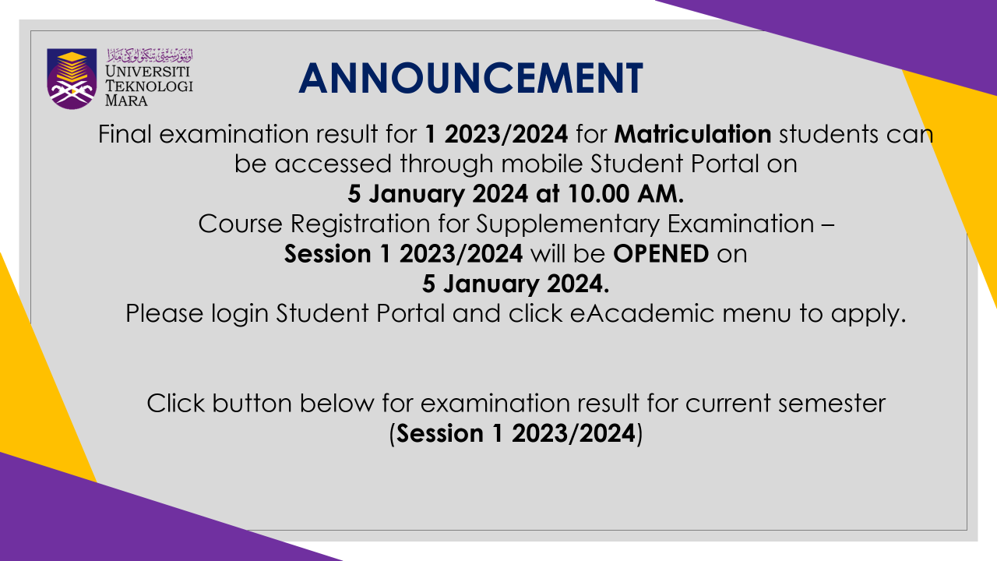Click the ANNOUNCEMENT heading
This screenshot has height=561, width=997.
[x=471, y=79]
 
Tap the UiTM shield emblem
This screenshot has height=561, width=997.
[x=72, y=79]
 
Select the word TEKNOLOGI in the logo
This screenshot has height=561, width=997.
[x=149, y=86]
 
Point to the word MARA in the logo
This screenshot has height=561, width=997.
[x=126, y=101]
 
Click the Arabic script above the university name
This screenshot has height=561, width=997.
[x=150, y=55]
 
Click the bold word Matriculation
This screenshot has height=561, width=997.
[x=692, y=134]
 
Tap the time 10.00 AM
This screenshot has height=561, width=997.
[x=625, y=194]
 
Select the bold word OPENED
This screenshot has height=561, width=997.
[x=661, y=254]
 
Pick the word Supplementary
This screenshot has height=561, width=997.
[x=568, y=224]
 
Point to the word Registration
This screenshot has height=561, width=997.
[x=360, y=224]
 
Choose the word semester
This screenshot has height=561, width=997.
[x=831, y=404]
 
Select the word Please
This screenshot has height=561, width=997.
[x=164, y=313]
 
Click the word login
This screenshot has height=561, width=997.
[x=239, y=314]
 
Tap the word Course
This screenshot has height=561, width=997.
[x=241, y=224]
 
